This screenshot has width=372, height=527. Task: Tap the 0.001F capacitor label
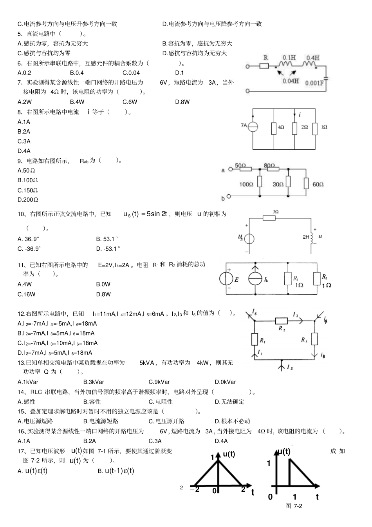tap(314, 83)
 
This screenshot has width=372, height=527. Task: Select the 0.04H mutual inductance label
tap(290, 81)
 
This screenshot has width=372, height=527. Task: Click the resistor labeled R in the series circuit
tap(264, 66)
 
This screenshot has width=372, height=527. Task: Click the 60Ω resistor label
tap(318, 184)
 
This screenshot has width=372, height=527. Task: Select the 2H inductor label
tap(306, 237)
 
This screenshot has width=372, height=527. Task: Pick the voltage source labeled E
tap(227, 279)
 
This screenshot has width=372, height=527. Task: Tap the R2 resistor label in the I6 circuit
tap(282, 329)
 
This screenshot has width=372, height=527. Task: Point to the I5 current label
tap(290, 367)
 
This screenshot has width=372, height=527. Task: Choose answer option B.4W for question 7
tap(77, 102)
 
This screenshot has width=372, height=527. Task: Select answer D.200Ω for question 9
tap(28, 200)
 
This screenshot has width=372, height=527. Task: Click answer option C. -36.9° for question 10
tap(29, 248)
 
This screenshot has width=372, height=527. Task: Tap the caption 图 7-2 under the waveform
tap(294, 506)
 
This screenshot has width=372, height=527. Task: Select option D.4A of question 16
tap(221, 441)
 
